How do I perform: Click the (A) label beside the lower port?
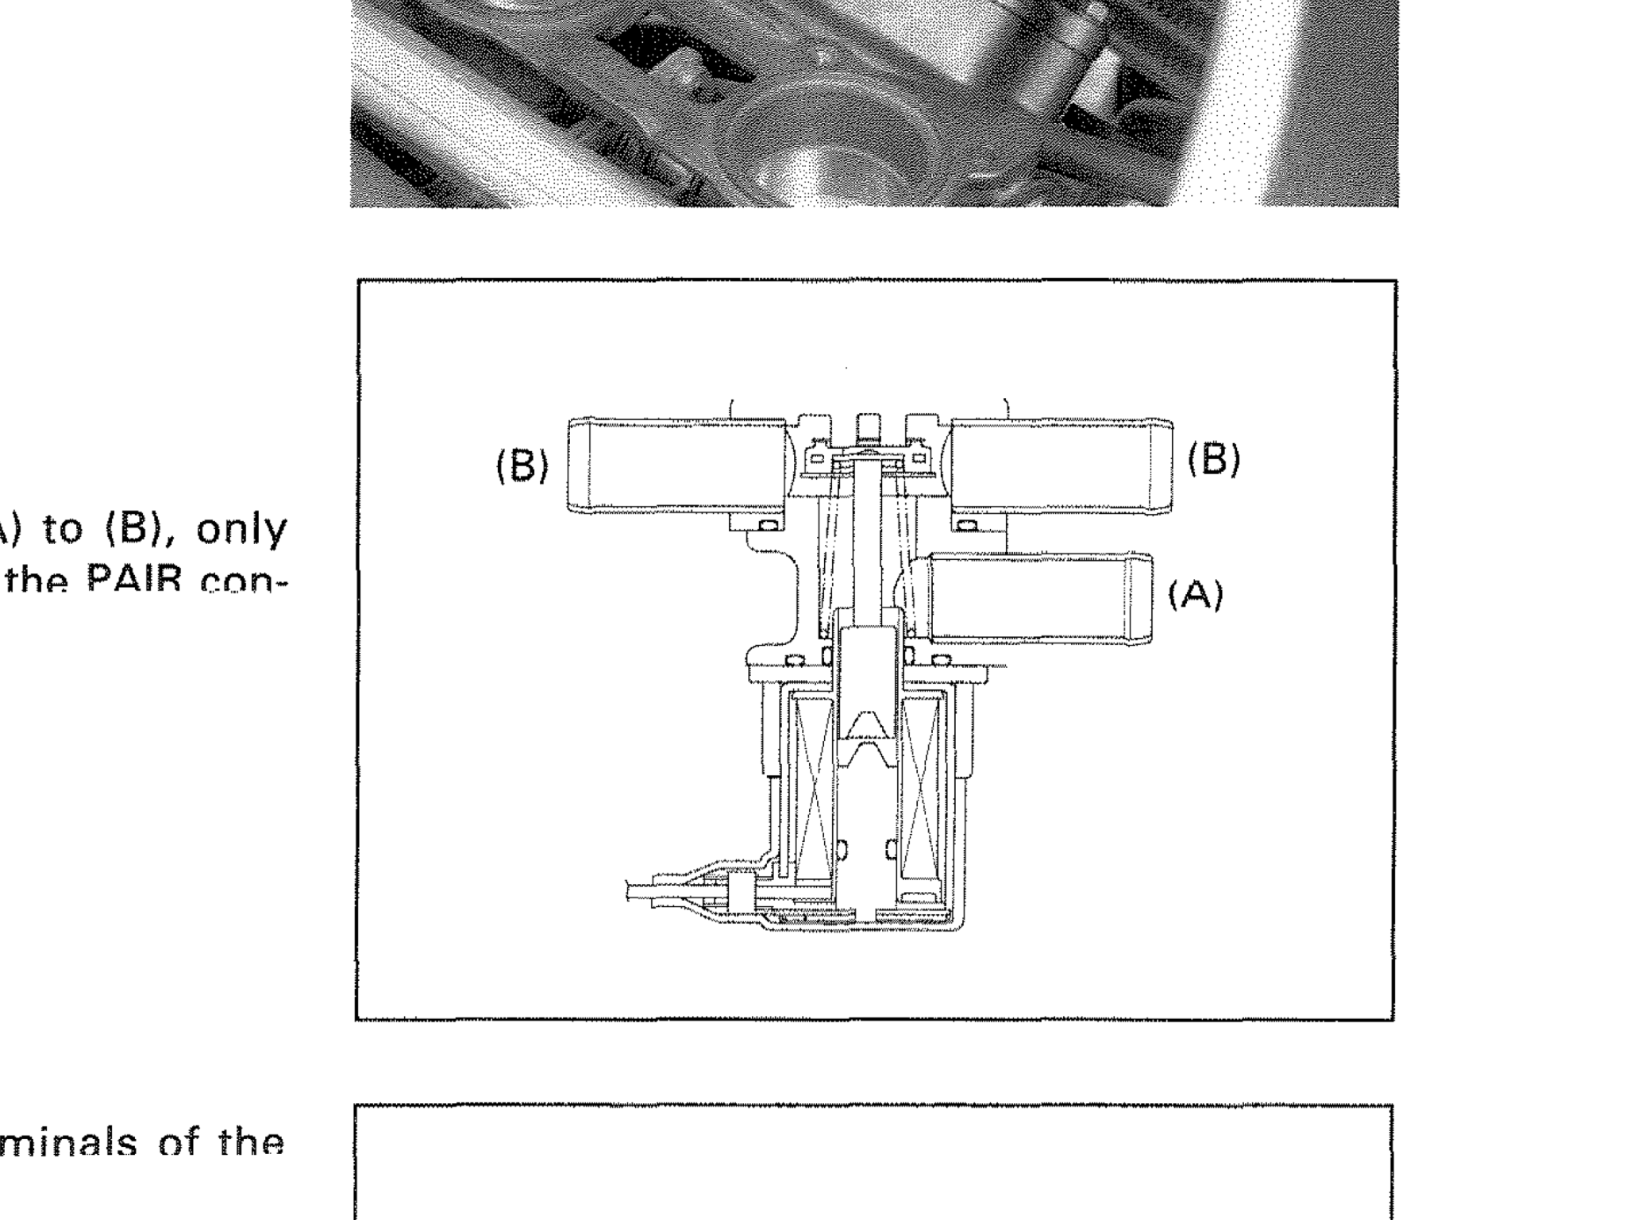pyautogui.click(x=1196, y=595)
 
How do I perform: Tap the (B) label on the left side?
pyautogui.click(x=522, y=465)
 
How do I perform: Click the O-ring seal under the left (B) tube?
pyautogui.click(x=768, y=526)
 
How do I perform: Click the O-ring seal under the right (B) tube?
pyautogui.click(x=969, y=526)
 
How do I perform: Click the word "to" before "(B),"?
pyautogui.click(x=62, y=531)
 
